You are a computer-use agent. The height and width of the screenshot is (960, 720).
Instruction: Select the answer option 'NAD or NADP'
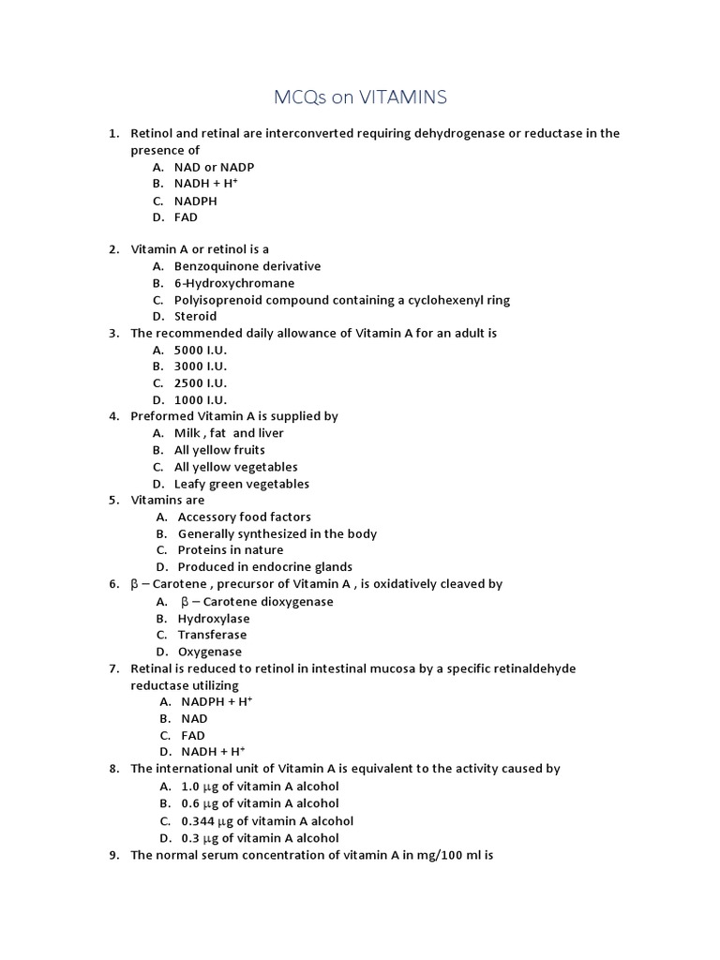click(214, 167)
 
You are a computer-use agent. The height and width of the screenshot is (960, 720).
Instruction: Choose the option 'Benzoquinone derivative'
click(247, 266)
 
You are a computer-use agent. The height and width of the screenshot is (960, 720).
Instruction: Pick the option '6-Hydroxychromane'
click(234, 283)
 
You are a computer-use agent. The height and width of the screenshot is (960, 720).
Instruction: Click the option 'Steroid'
click(195, 317)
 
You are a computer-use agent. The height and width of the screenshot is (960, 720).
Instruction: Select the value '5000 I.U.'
click(201, 350)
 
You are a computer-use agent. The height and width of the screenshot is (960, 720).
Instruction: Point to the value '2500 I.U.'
click(201, 383)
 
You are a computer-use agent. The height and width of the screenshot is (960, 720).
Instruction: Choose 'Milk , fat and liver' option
click(229, 433)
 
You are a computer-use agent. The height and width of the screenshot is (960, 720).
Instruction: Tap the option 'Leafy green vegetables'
click(241, 484)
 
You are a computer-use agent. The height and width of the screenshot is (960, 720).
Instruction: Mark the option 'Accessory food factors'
click(245, 517)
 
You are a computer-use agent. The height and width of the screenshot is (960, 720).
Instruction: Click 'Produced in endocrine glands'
click(265, 567)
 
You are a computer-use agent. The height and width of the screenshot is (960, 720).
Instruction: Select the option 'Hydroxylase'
click(212, 619)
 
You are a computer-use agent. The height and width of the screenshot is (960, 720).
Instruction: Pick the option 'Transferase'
click(212, 635)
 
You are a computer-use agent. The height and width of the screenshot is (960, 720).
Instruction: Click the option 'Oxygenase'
click(210, 652)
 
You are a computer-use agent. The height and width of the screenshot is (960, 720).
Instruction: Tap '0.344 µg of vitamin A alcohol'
click(267, 821)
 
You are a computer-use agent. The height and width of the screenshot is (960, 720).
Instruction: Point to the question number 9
click(112, 855)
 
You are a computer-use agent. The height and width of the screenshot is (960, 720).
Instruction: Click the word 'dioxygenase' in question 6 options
click(294, 602)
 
